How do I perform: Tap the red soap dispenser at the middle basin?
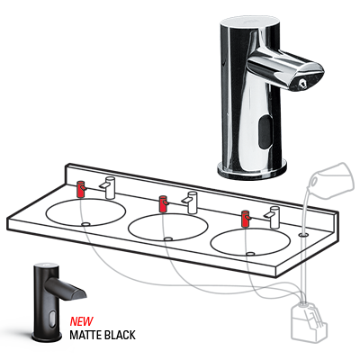163,203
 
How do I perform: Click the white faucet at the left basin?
107,185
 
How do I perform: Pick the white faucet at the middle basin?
191,200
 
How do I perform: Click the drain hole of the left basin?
86,222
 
